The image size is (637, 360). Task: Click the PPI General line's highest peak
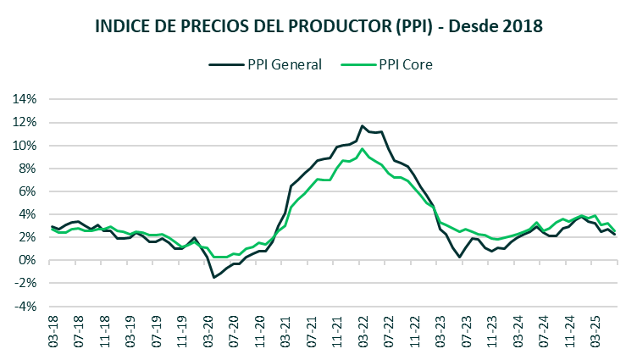click(x=363, y=125)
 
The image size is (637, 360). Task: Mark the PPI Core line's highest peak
click(x=363, y=149)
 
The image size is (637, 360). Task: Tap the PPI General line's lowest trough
click(x=214, y=277)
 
